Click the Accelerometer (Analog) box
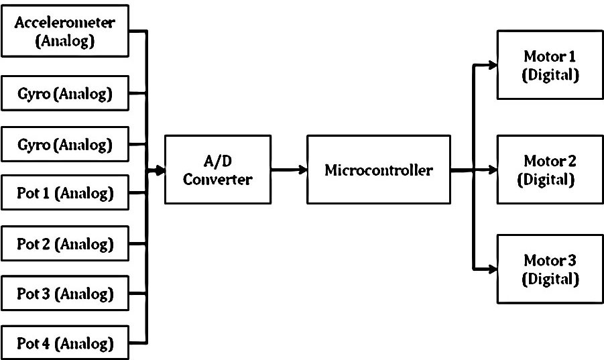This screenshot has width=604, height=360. click(x=65, y=31)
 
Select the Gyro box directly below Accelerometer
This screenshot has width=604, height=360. click(x=65, y=95)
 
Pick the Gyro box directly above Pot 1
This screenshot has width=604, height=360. click(x=65, y=143)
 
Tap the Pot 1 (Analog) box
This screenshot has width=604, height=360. click(x=65, y=194)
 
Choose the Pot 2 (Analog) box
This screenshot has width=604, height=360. click(x=65, y=244)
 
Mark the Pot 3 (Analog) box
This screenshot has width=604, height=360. click(x=65, y=294)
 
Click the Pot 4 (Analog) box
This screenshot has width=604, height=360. click(x=65, y=345)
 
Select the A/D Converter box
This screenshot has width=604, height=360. click(x=208, y=170)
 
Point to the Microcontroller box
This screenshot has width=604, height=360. click(x=378, y=170)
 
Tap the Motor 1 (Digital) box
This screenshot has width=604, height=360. click(x=550, y=65)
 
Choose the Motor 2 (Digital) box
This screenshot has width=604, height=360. click(x=550, y=170)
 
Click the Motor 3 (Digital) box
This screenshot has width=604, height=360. click(x=550, y=269)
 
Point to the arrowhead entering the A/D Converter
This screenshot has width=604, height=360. click(x=160, y=170)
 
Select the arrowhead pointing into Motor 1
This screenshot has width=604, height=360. click(x=492, y=65)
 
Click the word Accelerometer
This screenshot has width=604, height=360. click(x=65, y=23)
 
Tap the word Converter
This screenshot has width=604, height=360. click(x=208, y=179)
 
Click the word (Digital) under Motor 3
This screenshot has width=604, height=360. click(x=550, y=278)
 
